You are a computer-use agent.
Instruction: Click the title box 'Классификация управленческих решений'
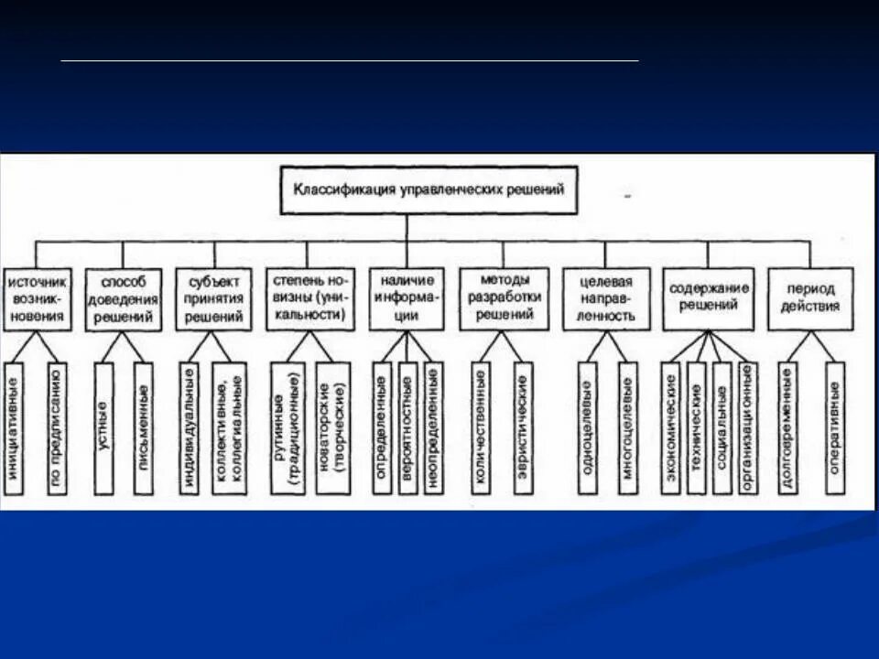(429, 190)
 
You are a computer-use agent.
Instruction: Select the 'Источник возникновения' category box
(36, 299)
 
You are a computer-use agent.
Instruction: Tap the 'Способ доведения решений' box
(124, 299)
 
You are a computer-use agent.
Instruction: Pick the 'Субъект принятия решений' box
(215, 299)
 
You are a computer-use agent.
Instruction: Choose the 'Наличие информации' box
(407, 298)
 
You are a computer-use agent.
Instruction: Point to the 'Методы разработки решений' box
(504, 298)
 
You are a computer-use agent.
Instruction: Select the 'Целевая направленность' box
(606, 298)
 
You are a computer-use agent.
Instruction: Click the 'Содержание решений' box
(709, 298)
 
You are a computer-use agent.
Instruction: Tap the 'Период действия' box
(810, 298)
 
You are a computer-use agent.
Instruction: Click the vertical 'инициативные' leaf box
(13, 427)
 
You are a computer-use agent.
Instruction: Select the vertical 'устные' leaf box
(103, 427)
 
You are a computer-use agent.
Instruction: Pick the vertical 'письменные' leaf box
(143, 427)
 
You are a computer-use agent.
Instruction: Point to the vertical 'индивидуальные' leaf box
(189, 427)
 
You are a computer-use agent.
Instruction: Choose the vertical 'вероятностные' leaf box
(407, 427)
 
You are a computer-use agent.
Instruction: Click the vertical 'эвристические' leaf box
(522, 427)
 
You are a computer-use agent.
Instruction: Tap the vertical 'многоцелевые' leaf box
(627, 427)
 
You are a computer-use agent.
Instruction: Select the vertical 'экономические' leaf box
(671, 427)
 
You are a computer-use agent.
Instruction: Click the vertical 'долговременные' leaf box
(787, 427)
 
